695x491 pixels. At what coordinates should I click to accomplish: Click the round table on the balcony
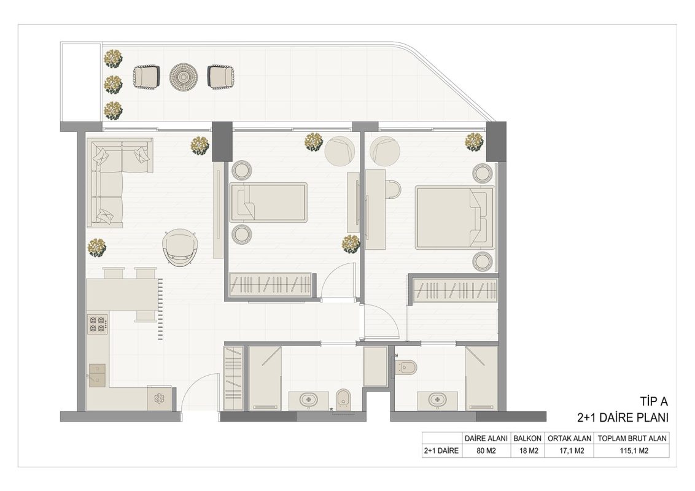pyautogui.click(x=184, y=77)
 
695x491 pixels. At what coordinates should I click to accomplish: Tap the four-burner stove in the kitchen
pyautogui.click(x=98, y=323)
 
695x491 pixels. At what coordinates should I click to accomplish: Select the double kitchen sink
pyautogui.click(x=98, y=376)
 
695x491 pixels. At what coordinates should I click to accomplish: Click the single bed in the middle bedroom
pyautogui.click(x=268, y=202)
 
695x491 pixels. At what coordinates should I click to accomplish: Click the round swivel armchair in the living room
pyautogui.click(x=180, y=248)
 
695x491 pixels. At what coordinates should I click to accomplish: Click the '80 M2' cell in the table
pyautogui.click(x=486, y=451)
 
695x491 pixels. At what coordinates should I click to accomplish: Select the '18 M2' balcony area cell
pyautogui.click(x=527, y=451)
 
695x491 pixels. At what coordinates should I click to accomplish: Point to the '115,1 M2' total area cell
pyautogui.click(x=632, y=451)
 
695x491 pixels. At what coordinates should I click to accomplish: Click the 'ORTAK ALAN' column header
pyautogui.click(x=570, y=438)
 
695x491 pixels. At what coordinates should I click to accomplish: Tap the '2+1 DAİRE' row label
pyautogui.click(x=441, y=451)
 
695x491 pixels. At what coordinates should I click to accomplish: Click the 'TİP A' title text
pyautogui.click(x=654, y=401)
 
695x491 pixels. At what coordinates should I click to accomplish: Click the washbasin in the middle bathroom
pyautogui.click(x=308, y=400)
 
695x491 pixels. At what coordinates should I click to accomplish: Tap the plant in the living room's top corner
pyautogui.click(x=200, y=145)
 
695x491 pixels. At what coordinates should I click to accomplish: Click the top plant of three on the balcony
pyautogui.click(x=113, y=58)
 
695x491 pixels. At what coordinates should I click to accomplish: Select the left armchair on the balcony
pyautogui.click(x=146, y=77)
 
